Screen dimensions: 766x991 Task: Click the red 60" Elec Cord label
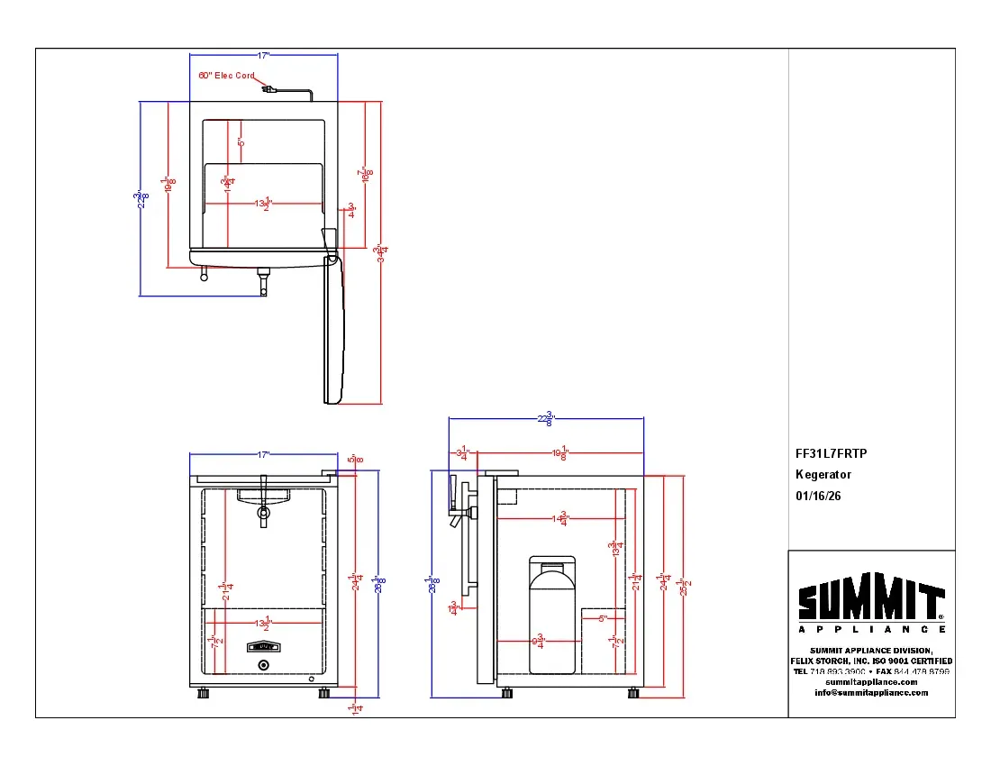coord(226,76)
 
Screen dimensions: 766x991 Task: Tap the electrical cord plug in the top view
coord(268,88)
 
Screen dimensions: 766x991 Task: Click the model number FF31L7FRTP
coord(831,454)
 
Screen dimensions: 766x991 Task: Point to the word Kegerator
coord(823,475)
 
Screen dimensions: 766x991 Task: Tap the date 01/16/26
coord(817,496)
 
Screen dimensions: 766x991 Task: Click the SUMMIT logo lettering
coord(870,600)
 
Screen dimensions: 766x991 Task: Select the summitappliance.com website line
coord(870,682)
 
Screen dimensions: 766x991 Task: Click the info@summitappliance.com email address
coord(870,693)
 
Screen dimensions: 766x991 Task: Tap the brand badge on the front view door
coord(263,646)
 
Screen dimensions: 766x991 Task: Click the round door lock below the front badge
coord(263,665)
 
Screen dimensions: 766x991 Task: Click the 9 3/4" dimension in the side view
coord(539,641)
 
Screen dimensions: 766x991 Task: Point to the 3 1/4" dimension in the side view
coord(463,454)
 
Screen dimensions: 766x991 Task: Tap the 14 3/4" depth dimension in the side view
coord(562,518)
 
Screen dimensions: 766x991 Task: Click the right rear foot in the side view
coord(634,693)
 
